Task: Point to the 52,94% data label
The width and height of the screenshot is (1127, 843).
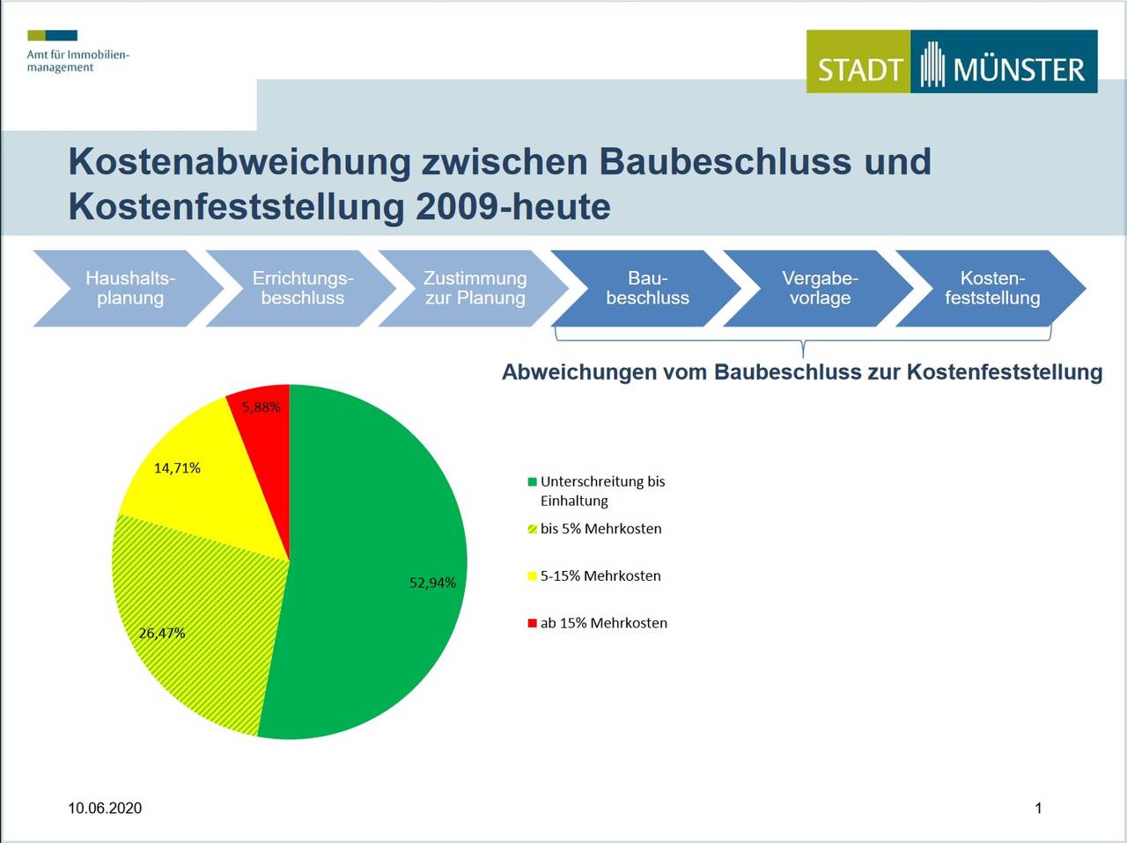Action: (432, 583)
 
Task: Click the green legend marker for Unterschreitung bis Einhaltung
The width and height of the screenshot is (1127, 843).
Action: (532, 482)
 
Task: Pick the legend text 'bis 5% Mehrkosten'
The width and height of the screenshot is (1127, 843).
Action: (600, 529)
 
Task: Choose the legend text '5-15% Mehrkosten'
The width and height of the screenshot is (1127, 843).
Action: (600, 576)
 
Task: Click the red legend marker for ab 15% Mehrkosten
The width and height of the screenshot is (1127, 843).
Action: (532, 624)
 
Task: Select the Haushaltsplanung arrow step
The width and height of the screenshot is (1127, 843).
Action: (130, 289)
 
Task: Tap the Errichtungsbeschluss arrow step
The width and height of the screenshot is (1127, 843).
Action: (302, 289)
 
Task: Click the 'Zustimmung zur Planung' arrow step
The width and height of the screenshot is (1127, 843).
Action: (475, 289)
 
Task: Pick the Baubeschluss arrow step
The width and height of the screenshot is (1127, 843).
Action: (647, 289)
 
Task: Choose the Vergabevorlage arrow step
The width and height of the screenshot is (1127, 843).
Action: (820, 289)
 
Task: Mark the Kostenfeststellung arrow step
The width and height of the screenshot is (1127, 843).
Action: (992, 289)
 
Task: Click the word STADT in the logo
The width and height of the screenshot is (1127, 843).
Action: (859, 70)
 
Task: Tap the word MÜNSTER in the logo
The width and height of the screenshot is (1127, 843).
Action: (1019, 70)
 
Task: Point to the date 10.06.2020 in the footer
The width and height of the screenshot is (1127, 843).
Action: (105, 808)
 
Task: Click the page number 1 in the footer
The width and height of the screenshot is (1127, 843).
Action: (1038, 808)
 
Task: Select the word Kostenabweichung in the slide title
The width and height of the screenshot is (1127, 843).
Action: (239, 162)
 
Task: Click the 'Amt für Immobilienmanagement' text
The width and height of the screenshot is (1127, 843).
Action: (77, 61)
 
